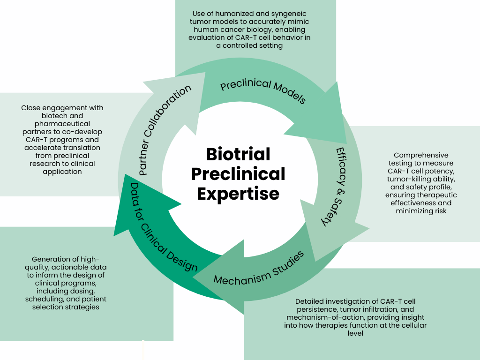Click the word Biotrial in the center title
point(238,154)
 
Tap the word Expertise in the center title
point(238,193)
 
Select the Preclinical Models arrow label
point(263,91)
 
